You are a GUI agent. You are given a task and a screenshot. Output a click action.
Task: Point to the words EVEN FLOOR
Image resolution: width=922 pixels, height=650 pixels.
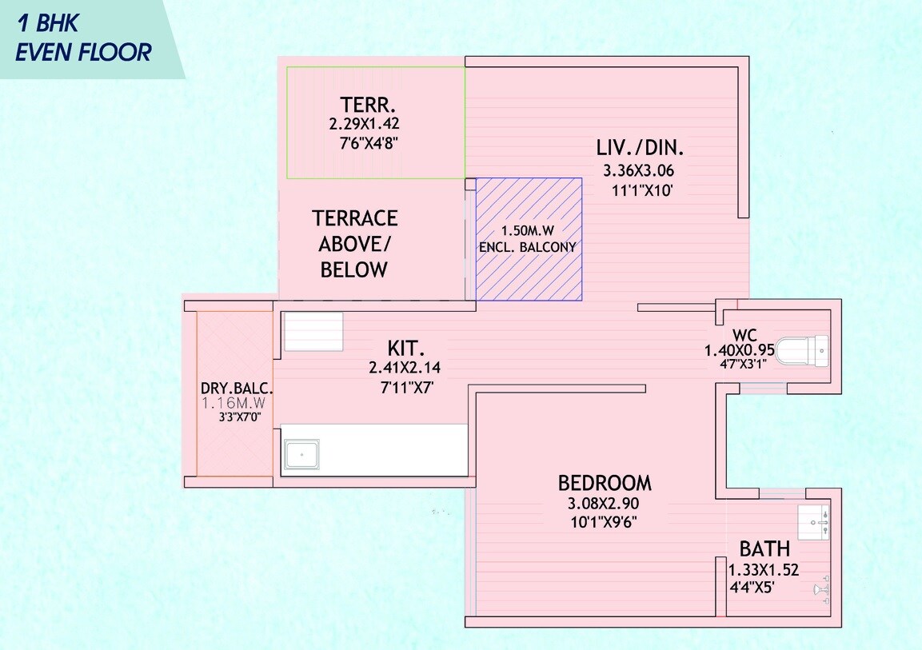pyautogui.click(x=84, y=53)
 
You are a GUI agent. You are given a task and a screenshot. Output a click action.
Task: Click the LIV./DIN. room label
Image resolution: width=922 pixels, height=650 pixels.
pyautogui.click(x=641, y=148)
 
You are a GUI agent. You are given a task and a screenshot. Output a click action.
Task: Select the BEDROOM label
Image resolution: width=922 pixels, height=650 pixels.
pyautogui.click(x=605, y=483)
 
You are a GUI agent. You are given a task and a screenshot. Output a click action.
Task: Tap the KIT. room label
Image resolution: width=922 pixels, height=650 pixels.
pyautogui.click(x=405, y=348)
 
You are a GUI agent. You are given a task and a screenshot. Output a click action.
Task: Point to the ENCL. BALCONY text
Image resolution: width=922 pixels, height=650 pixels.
pyautogui.click(x=527, y=247)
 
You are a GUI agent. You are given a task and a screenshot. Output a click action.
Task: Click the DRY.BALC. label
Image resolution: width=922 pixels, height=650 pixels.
pyautogui.click(x=237, y=389)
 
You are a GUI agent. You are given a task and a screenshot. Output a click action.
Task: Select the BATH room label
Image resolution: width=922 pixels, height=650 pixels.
pyautogui.click(x=764, y=549)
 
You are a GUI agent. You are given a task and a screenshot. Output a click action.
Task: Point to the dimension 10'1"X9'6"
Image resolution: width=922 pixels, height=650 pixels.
pyautogui.click(x=604, y=522)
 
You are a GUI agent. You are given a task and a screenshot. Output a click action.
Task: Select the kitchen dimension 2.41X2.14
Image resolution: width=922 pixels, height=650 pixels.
pyautogui.click(x=405, y=368)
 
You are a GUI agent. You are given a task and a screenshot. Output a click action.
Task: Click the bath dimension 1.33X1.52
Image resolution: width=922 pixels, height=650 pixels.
pyautogui.click(x=763, y=571)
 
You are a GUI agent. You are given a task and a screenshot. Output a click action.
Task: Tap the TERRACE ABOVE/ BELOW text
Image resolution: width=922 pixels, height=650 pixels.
pyautogui.click(x=354, y=244)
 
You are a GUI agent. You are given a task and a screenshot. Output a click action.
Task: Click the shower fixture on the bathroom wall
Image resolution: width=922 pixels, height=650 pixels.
pyautogui.click(x=820, y=590)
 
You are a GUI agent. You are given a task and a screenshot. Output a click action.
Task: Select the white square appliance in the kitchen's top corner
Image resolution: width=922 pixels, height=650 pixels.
pyautogui.click(x=313, y=331)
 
